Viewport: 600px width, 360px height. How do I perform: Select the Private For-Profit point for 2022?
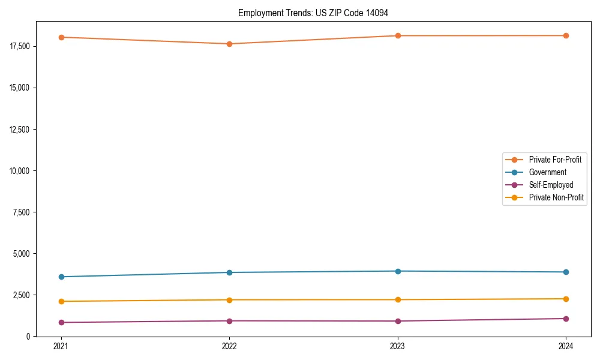point(229,44)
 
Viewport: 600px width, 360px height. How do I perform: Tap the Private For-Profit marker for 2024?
point(566,35)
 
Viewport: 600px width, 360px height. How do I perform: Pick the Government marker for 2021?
point(61,277)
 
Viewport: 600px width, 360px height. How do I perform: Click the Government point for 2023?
point(398,271)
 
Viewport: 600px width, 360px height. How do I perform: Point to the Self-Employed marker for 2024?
point(566,319)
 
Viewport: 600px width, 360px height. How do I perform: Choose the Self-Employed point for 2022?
point(229,321)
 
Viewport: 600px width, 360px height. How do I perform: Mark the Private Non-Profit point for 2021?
point(61,301)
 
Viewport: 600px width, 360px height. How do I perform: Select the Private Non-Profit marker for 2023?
point(398,299)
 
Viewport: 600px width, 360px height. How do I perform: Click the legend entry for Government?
point(547,172)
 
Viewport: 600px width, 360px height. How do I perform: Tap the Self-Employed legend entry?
point(551,185)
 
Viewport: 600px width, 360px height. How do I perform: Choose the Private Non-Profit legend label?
point(556,197)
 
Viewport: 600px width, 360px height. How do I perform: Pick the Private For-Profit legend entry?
point(555,160)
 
